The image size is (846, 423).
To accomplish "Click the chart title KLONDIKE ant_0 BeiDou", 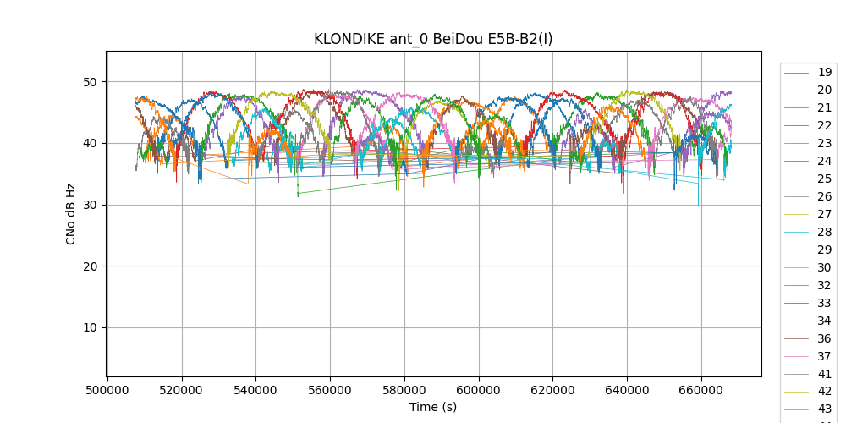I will [x=433, y=39].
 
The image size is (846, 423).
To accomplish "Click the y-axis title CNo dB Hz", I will [x=71, y=214].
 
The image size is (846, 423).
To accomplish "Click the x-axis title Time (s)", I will [x=433, y=407].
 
